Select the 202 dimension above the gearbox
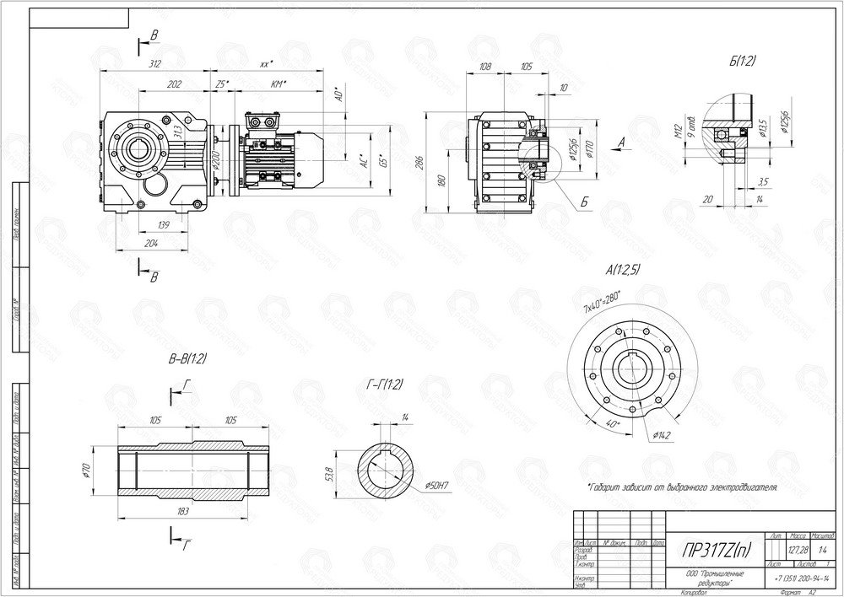pyautogui.click(x=175, y=84)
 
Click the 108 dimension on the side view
pyautogui.click(x=484, y=65)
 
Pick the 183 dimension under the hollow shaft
pyautogui.click(x=183, y=511)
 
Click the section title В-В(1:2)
pyautogui.click(x=188, y=359)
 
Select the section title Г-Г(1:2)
pyautogui.click(x=384, y=385)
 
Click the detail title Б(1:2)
pyautogui.click(x=744, y=61)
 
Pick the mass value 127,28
pyautogui.click(x=798, y=549)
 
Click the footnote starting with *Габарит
pyautogui.click(x=681, y=487)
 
